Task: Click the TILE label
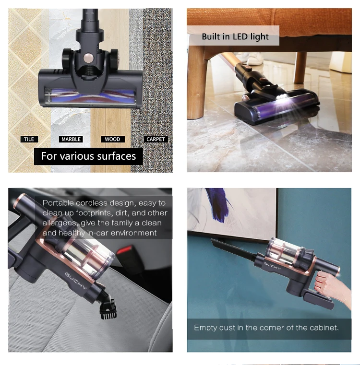click(29, 139)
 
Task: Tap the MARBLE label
click(71, 139)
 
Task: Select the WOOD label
click(112, 139)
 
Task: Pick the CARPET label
click(156, 139)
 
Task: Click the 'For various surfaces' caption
click(88, 156)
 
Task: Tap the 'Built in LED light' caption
click(235, 36)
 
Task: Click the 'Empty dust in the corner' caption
click(266, 328)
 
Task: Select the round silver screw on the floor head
click(88, 59)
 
